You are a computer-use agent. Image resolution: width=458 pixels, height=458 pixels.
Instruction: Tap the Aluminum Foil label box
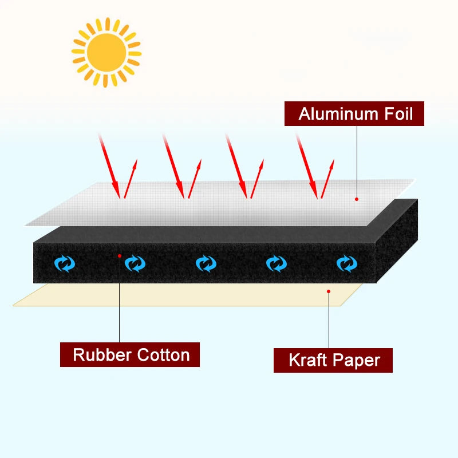click(x=354, y=114)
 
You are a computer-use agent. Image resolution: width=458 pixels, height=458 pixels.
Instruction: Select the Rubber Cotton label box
click(x=130, y=354)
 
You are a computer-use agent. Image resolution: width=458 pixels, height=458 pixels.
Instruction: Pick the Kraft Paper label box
click(x=333, y=360)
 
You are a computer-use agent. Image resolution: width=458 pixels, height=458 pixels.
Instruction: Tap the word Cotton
click(x=163, y=354)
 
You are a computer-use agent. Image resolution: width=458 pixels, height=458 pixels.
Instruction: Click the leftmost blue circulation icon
click(x=65, y=263)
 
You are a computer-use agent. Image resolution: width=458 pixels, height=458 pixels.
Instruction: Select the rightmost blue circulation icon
click(x=346, y=263)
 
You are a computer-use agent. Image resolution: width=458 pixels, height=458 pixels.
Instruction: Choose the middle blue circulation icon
click(x=206, y=263)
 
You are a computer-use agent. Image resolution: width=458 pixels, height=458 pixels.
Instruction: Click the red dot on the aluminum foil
click(x=357, y=199)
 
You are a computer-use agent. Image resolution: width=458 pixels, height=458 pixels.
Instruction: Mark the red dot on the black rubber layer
click(x=119, y=255)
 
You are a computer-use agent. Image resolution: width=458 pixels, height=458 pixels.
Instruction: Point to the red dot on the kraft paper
click(x=329, y=291)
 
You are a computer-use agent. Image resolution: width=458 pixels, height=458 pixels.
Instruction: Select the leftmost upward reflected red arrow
click(x=130, y=179)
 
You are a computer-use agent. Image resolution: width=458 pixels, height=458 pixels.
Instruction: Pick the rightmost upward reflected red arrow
click(x=327, y=179)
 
